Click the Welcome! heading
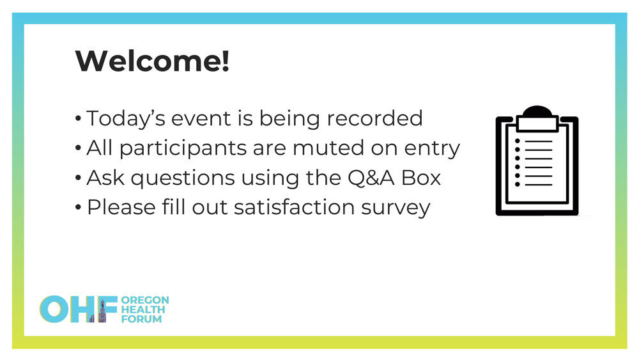pyautogui.click(x=153, y=61)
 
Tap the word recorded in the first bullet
pyautogui.click(x=374, y=118)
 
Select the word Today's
pyautogui.click(x=126, y=119)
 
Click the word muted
pyautogui.click(x=328, y=148)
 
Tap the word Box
pyautogui.click(x=421, y=178)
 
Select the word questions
pyautogui.click(x=183, y=178)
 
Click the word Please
pyautogui.click(x=121, y=207)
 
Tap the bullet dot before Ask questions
pyautogui.click(x=78, y=178)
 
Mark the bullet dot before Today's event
pyautogui.click(x=78, y=119)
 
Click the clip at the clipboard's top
pyautogui.click(x=537, y=120)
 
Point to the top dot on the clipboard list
pyautogui.click(x=518, y=141)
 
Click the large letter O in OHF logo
pyautogui.click(x=54, y=309)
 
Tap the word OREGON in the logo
pyautogui.click(x=145, y=300)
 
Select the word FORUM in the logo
pyautogui.click(x=141, y=319)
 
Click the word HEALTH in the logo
pyautogui.click(x=143, y=309)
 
